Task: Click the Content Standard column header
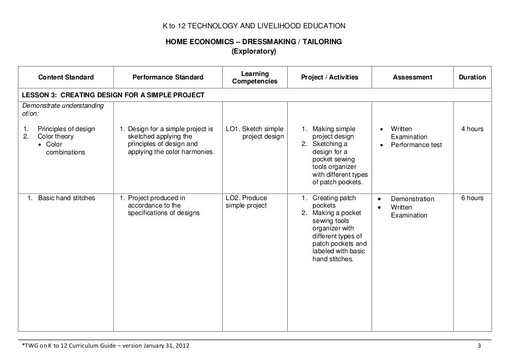tap(66, 77)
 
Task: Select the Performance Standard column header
tap(168, 77)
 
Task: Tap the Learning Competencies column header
tap(254, 77)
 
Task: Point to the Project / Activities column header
tap(329, 77)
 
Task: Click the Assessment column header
tap(412, 77)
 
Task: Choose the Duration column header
tap(472, 77)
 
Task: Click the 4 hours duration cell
tap(472, 129)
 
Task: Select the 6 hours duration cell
tap(472, 198)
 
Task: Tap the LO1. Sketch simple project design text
tap(255, 133)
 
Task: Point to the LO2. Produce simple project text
tap(247, 202)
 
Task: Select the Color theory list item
tap(56, 137)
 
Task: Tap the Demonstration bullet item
tap(412, 199)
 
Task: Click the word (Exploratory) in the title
tap(254, 51)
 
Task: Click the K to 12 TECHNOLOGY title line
tap(254, 25)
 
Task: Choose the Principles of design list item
tap(66, 129)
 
